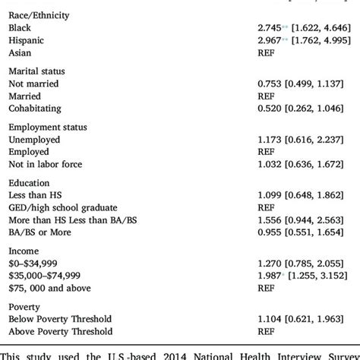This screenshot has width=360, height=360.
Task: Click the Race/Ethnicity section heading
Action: [x=39, y=13]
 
